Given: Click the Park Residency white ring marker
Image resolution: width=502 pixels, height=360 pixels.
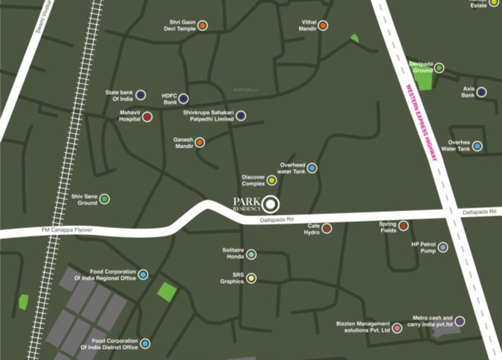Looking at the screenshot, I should (271, 204).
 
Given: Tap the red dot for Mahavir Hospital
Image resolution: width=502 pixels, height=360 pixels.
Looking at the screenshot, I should (147, 117).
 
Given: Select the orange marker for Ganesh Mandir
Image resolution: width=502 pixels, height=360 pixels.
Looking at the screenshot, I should (200, 142).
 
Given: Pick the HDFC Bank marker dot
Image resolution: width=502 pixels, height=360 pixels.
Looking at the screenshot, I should (183, 98).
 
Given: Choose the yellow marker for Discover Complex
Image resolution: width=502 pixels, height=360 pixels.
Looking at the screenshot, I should (272, 180).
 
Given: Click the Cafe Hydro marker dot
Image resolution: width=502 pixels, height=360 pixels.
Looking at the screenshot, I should (327, 228).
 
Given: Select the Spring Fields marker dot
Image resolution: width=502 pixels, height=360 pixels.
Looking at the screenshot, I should (403, 226).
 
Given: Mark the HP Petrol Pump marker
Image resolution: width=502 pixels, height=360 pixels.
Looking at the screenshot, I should (443, 247).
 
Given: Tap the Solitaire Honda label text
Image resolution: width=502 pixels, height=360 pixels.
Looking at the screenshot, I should (233, 254).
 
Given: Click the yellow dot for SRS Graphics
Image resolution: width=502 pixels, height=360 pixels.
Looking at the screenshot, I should (251, 278).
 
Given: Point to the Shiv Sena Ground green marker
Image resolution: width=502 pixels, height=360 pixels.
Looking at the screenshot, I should (105, 199).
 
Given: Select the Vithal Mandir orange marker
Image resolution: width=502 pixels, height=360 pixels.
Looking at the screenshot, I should (323, 25).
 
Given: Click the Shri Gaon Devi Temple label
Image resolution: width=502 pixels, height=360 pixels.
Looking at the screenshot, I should (182, 25).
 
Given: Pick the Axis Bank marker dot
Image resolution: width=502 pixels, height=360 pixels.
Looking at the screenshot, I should (481, 92).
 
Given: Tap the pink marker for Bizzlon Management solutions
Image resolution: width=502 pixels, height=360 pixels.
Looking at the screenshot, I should (397, 328).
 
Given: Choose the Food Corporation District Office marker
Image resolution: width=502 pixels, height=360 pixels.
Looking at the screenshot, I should (145, 344).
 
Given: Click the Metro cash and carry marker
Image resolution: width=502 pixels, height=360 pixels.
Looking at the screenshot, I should (460, 321).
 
